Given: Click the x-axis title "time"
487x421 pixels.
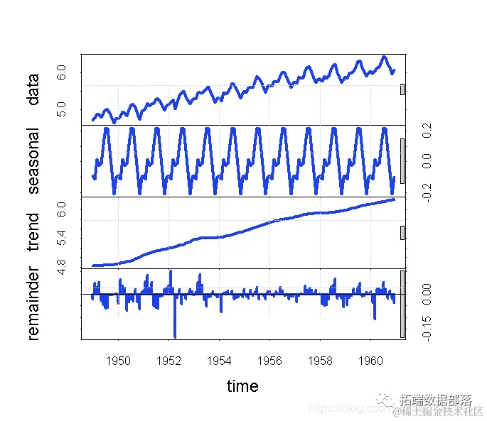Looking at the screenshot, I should (x=242, y=386).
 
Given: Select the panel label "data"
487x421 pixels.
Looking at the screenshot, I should (x=33, y=90).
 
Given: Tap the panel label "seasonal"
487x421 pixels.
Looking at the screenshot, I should (x=33, y=161).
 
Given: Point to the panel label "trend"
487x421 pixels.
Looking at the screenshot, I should (x=33, y=233).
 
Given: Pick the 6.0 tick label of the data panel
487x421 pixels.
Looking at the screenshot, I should (x=62, y=72).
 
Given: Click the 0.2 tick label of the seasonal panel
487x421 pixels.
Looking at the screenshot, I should (x=427, y=131).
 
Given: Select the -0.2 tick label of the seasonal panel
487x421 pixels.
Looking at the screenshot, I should (x=427, y=192).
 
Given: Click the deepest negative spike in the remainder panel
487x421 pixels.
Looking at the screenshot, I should (x=175, y=335).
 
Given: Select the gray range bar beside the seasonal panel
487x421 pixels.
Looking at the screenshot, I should (x=402, y=161).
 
